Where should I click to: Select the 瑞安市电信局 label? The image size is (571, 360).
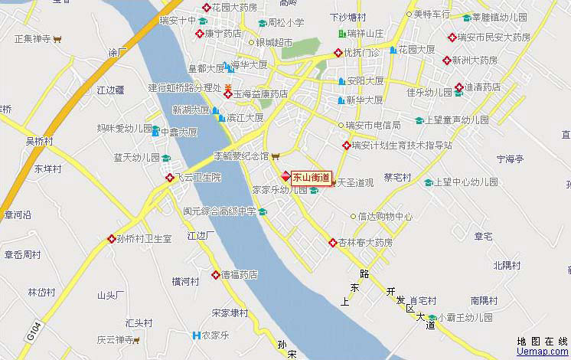[x=373, y=125]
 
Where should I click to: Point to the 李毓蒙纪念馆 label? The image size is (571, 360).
[x=240, y=155]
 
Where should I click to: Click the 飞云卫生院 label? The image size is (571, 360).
[x=198, y=177]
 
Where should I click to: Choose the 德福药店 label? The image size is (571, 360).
[x=239, y=274]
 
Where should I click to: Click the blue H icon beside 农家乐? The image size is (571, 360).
[x=197, y=335]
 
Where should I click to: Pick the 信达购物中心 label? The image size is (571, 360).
[x=385, y=216]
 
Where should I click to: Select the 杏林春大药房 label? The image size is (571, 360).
[x=366, y=242]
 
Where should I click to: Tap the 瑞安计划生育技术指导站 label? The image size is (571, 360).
[x=402, y=145]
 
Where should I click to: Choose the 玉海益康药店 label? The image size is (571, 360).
[x=260, y=94]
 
